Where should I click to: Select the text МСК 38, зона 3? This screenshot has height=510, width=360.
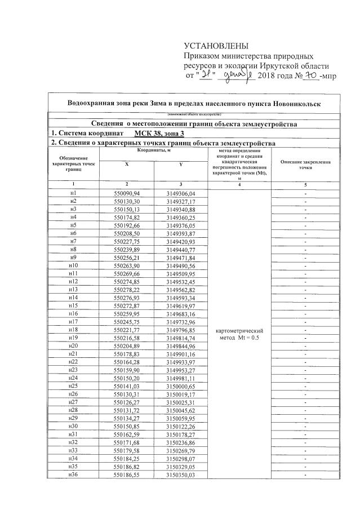[x=159, y=134]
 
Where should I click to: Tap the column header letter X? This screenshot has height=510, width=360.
[x=126, y=164]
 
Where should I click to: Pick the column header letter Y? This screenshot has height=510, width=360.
[x=180, y=164]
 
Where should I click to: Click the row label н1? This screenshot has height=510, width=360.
[x=73, y=193]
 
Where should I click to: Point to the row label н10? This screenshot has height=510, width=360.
[x=73, y=265]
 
